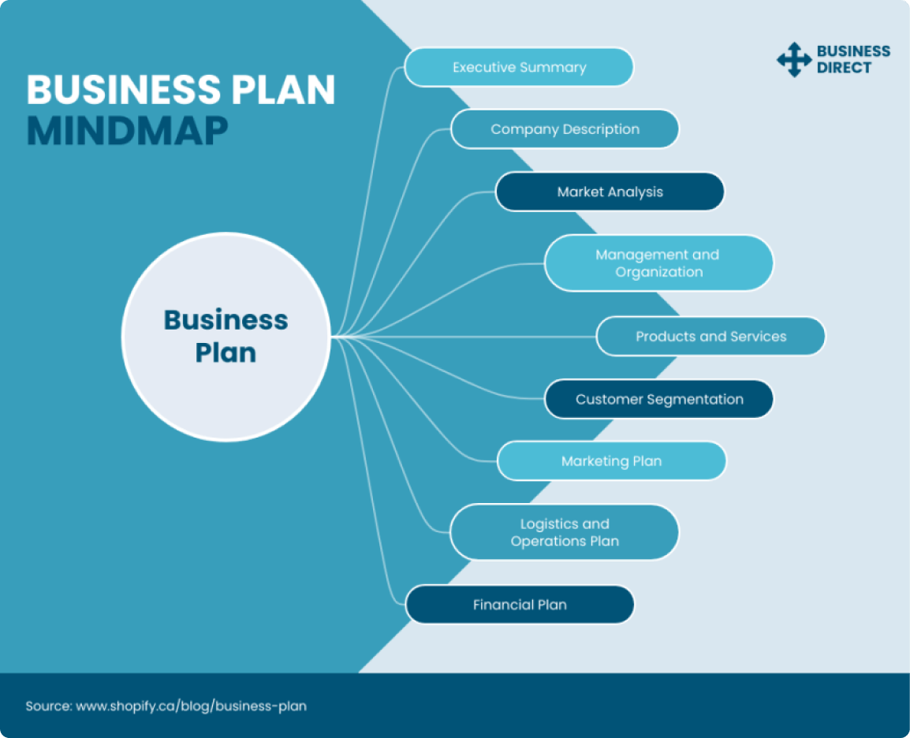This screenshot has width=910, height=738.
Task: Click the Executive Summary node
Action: (x=519, y=67)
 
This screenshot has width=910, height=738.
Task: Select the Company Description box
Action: (x=565, y=129)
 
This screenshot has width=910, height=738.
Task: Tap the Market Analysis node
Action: (x=610, y=192)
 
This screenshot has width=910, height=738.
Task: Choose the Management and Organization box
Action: (x=658, y=263)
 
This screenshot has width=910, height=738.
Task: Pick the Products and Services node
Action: (x=710, y=337)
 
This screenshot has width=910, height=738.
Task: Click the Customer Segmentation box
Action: (x=658, y=399)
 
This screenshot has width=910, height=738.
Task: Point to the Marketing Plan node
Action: (x=611, y=461)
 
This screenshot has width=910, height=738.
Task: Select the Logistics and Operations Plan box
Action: (x=564, y=532)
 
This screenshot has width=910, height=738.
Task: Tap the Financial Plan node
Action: (x=520, y=605)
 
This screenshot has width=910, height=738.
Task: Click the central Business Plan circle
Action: (x=226, y=337)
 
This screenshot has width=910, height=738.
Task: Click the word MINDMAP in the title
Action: (x=127, y=132)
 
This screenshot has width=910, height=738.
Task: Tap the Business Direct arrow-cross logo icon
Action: (x=793, y=60)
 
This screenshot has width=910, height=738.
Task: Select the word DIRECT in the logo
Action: (x=844, y=68)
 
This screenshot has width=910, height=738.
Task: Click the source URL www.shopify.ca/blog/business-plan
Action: (x=191, y=706)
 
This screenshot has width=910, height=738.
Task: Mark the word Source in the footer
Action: (x=47, y=706)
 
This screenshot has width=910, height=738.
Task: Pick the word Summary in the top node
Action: (x=556, y=67)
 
